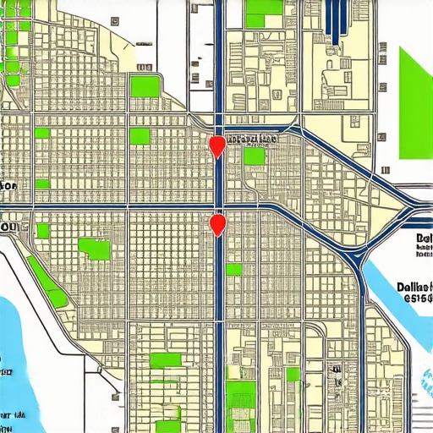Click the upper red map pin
tap(217, 145)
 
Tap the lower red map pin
tap(218, 224)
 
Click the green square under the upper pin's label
tap(254, 157)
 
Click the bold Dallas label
tap(414, 287)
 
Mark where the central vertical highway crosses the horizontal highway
tap(218, 206)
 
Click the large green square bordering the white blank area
tap(145, 86)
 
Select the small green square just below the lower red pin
tap(233, 270)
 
